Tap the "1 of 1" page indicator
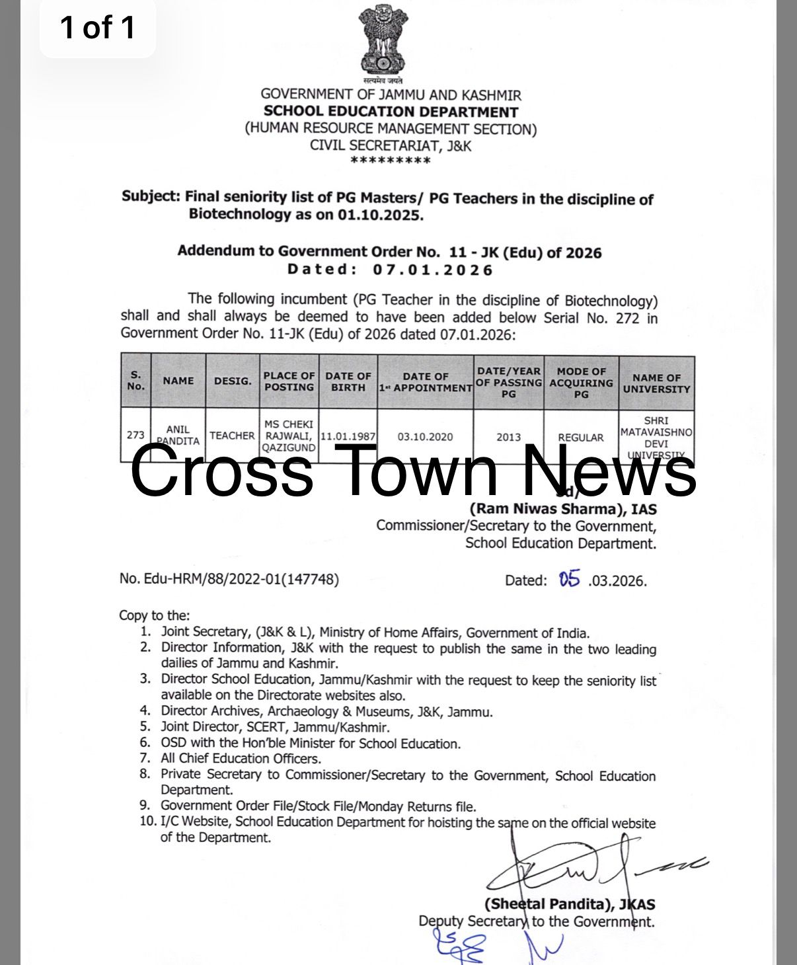pyautogui.click(x=98, y=28)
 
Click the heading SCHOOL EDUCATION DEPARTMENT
pyautogui.click(x=391, y=112)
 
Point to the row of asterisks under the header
pyautogui.click(x=391, y=161)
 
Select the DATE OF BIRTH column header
pyautogui.click(x=348, y=381)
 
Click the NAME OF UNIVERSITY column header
pyautogui.click(x=656, y=383)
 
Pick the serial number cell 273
pyautogui.click(x=135, y=435)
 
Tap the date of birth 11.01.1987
pyautogui.click(x=348, y=437)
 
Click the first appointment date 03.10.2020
pyautogui.click(x=425, y=437)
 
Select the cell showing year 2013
pyautogui.click(x=508, y=437)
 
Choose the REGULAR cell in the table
pyautogui.click(x=580, y=438)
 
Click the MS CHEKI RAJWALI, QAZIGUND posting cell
pyautogui.click(x=289, y=436)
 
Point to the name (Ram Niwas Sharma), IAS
pyautogui.click(x=563, y=509)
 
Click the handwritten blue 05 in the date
pyautogui.click(x=569, y=580)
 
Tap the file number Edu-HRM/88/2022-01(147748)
pyautogui.click(x=229, y=579)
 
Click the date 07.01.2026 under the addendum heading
pyautogui.click(x=433, y=270)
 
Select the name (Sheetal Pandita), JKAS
pyautogui.click(x=570, y=904)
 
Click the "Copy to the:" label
pyautogui.click(x=154, y=615)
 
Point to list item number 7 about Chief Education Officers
pyautogui.click(x=241, y=759)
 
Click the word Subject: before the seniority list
pyautogui.click(x=151, y=196)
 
